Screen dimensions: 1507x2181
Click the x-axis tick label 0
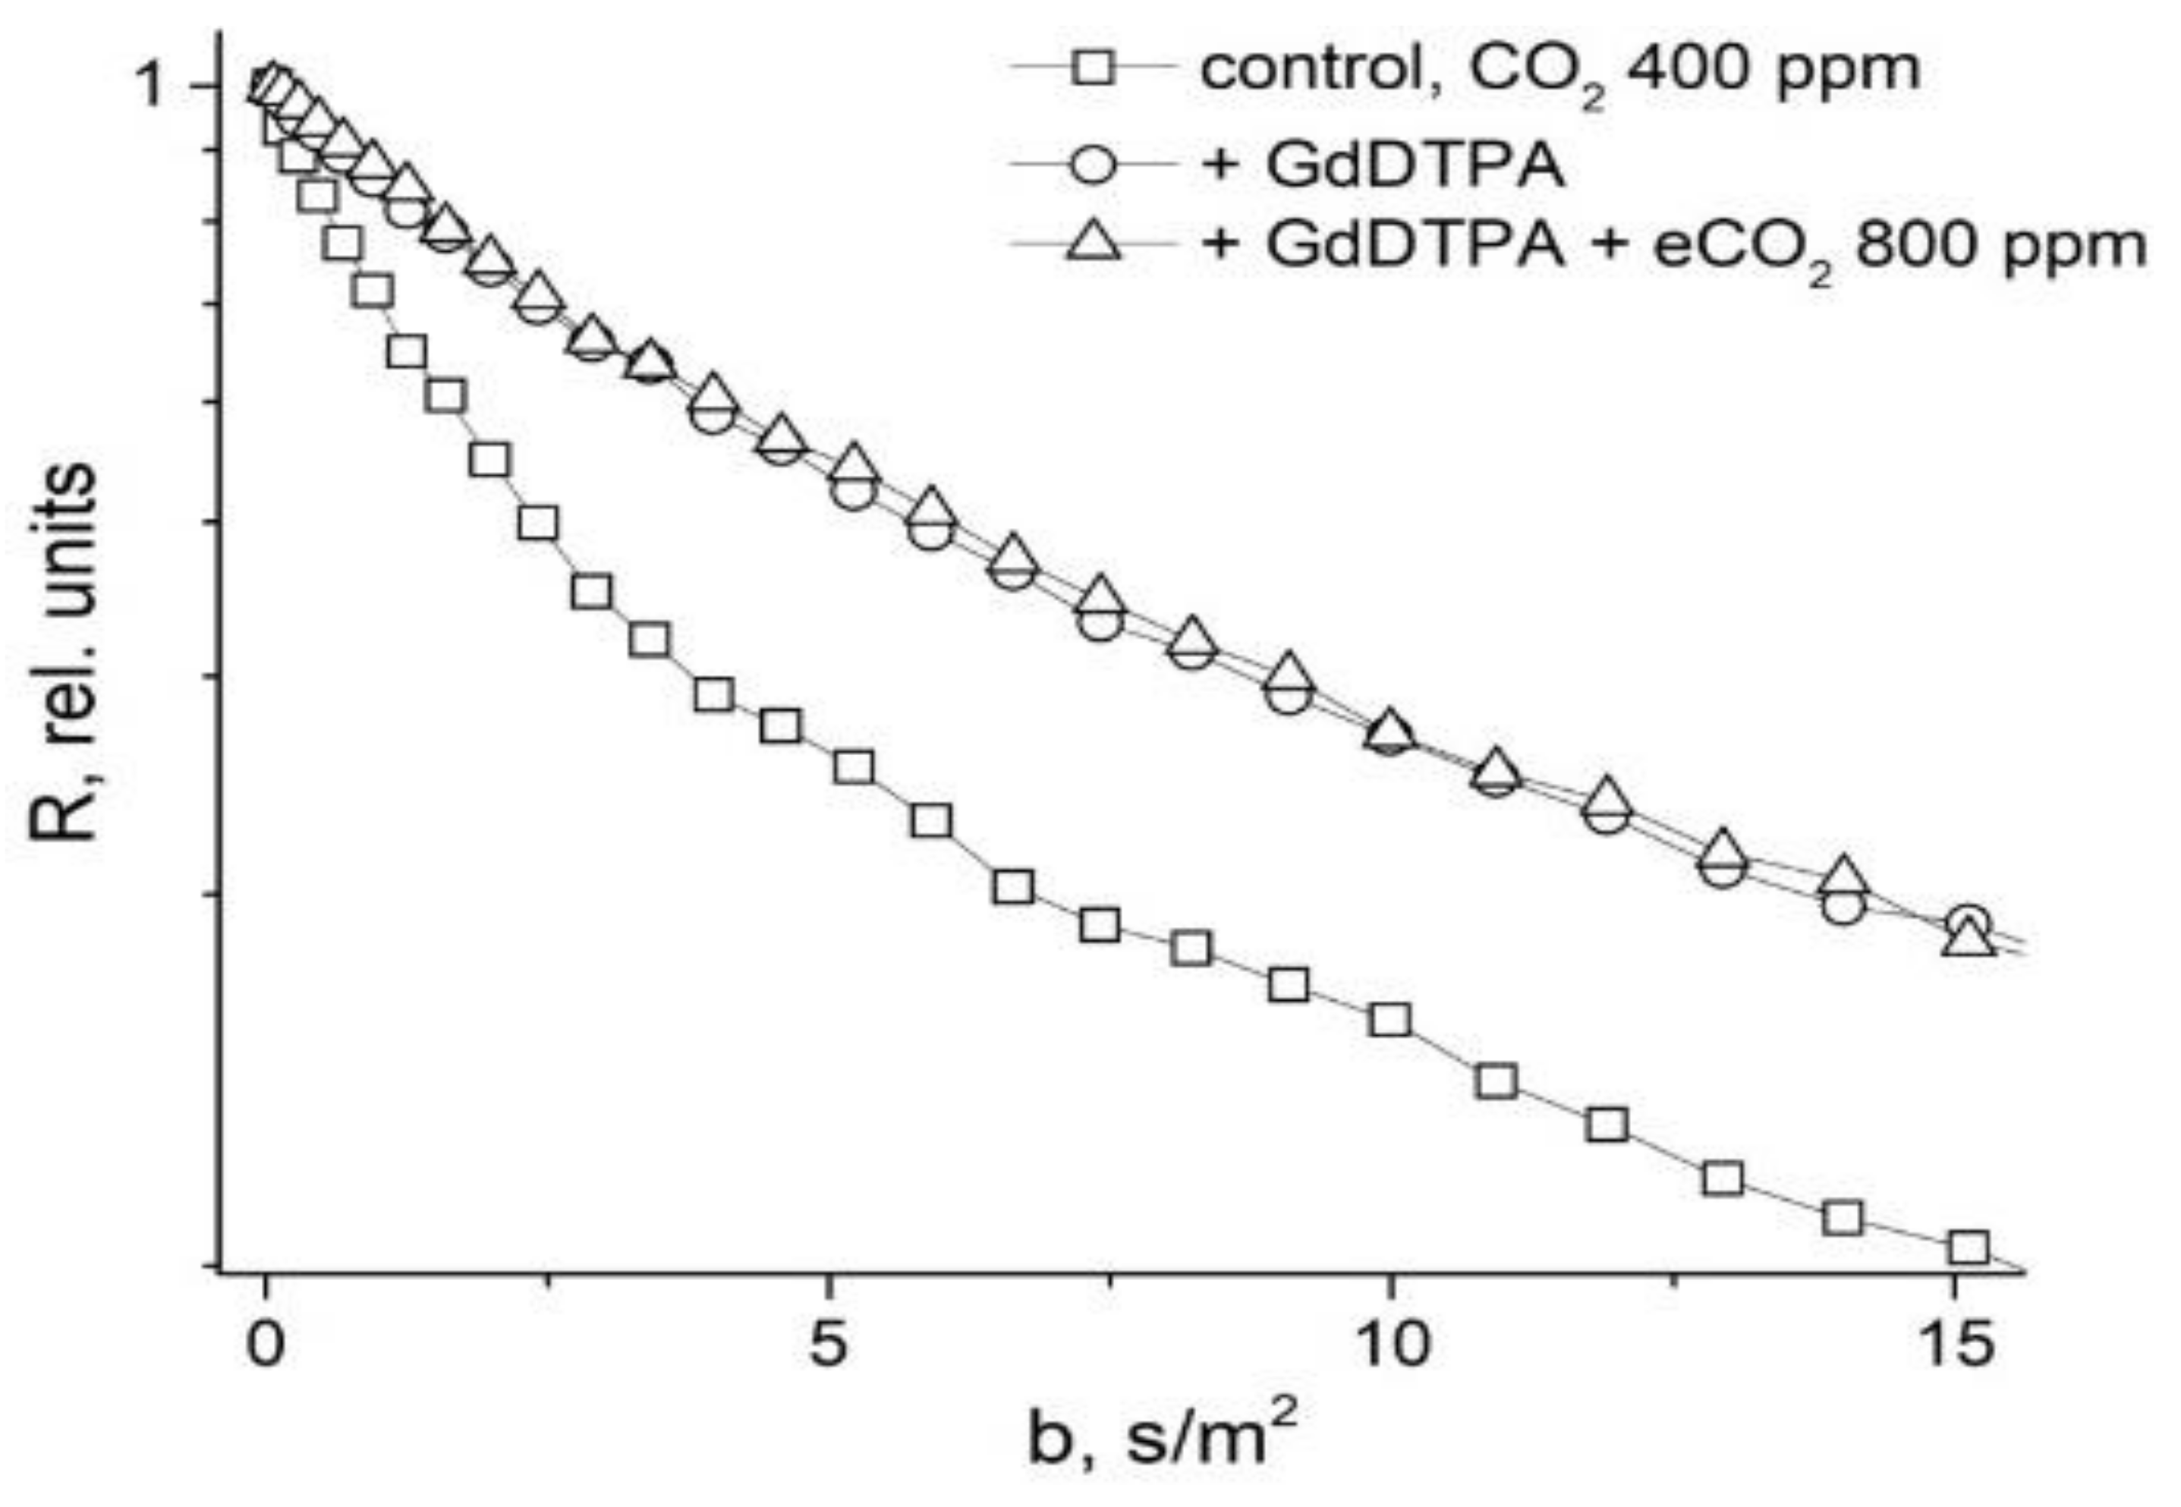click(x=266, y=1345)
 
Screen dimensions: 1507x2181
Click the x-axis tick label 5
click(x=828, y=1345)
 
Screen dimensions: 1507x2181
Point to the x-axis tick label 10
click(x=1389, y=1345)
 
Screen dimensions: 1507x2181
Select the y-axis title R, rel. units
click(x=65, y=652)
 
